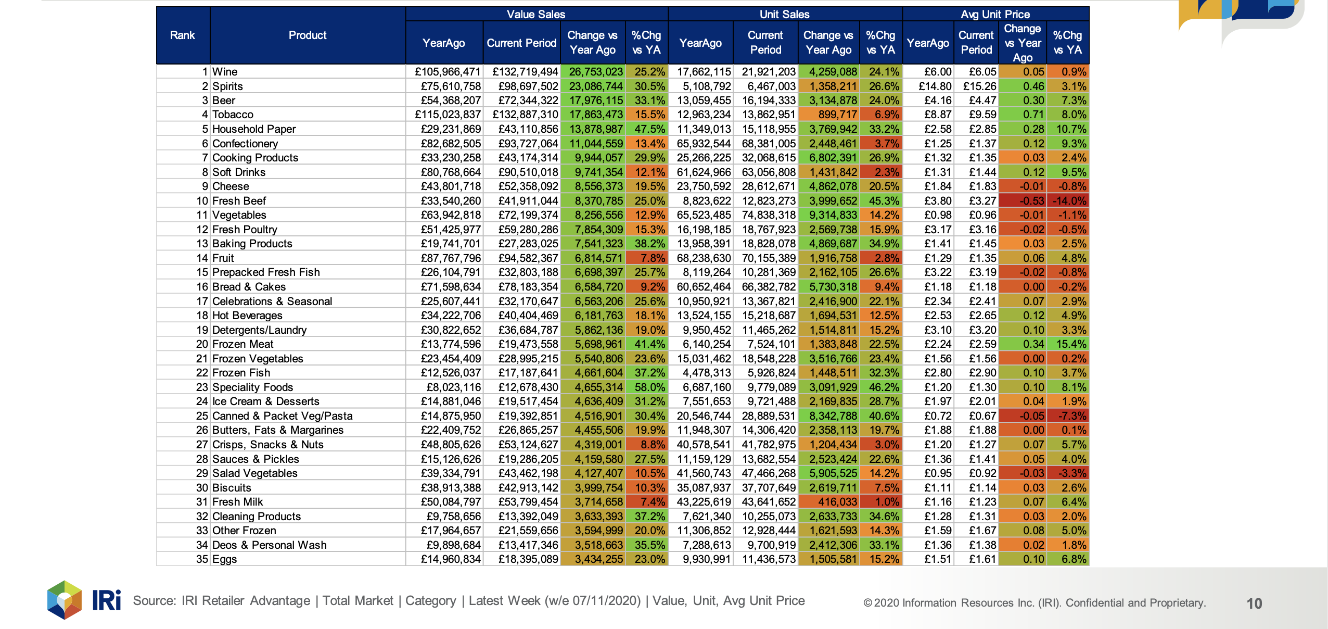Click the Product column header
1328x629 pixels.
(308, 35)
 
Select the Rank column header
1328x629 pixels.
(183, 35)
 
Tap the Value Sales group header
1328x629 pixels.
(536, 14)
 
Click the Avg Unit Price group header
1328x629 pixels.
(995, 14)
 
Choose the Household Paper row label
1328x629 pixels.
(254, 129)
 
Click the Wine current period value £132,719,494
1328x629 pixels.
(525, 72)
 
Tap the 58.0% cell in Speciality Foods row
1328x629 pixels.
(650, 387)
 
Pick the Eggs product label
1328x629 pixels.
(225, 559)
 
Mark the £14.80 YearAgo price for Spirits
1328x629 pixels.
(935, 86)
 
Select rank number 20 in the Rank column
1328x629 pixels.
(202, 344)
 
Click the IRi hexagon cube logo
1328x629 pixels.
(65, 600)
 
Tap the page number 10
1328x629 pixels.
(1254, 603)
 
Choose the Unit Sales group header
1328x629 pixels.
(784, 14)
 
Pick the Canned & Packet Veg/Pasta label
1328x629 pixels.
(283, 416)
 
